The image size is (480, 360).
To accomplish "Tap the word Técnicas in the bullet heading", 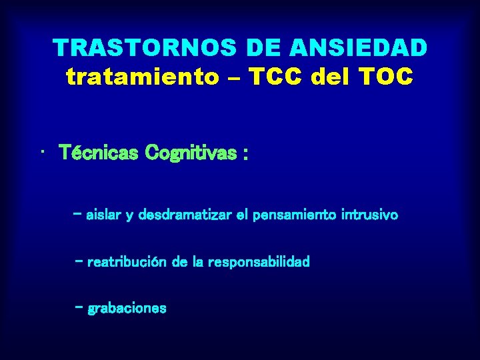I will point(99,154).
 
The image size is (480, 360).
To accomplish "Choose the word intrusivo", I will point(369,215).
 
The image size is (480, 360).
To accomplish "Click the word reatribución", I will point(128,262).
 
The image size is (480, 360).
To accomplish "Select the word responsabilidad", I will point(259,262).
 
